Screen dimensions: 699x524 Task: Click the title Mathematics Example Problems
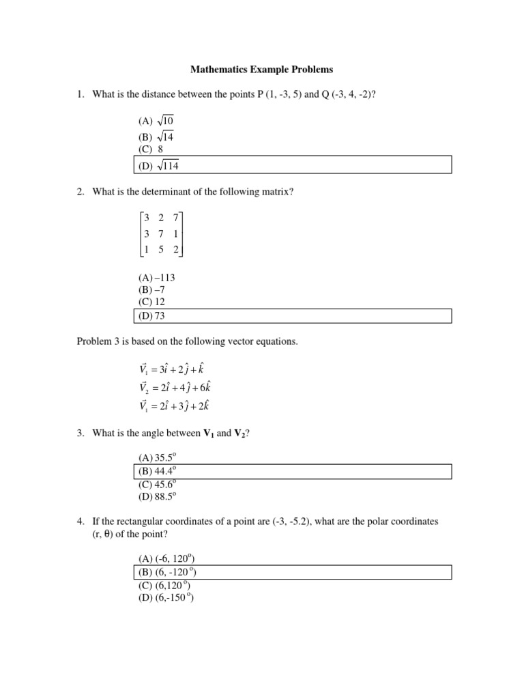coord(261,70)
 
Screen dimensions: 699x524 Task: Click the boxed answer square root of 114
coord(158,165)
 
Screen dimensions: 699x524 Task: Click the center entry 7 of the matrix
coord(160,233)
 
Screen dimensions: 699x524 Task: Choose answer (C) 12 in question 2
coord(149,302)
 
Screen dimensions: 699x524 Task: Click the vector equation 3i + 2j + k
coord(174,369)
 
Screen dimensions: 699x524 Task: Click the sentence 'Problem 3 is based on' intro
coord(188,341)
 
